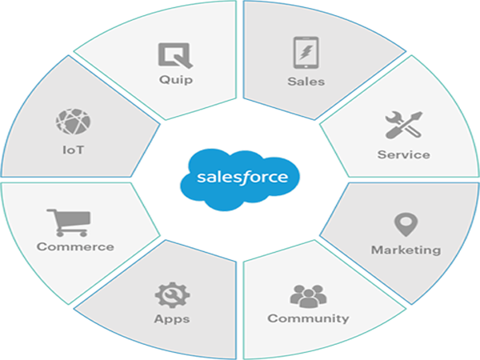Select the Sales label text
click(306, 81)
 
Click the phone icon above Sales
click(306, 53)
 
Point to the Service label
click(403, 154)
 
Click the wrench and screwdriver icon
click(402, 125)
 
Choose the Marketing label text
click(405, 250)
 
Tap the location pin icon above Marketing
click(405, 225)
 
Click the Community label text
click(308, 318)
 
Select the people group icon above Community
click(308, 294)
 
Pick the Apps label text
click(172, 318)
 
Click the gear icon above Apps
click(172, 294)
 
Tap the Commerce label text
click(75, 246)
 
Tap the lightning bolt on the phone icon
click(306, 53)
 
